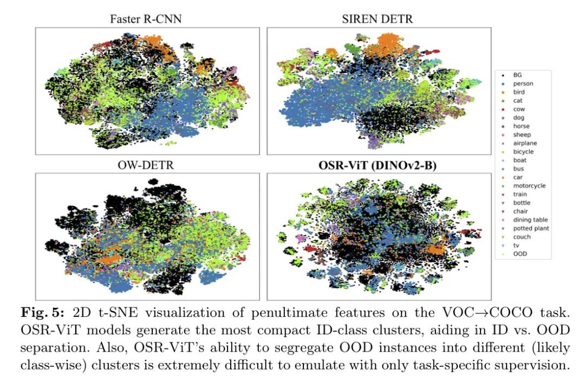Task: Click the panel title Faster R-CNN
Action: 146,19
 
